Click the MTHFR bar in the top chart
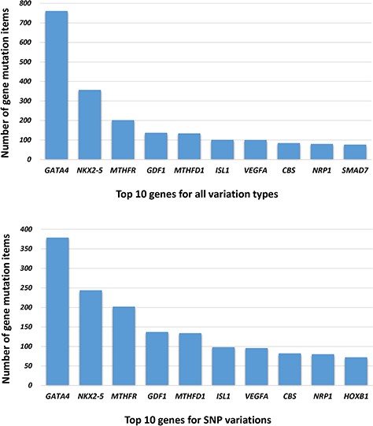tap(122, 139)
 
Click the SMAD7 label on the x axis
tap(355, 169)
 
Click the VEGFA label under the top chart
tap(255, 169)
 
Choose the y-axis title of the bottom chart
tap(7, 309)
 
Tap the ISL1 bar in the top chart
tap(222, 150)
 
